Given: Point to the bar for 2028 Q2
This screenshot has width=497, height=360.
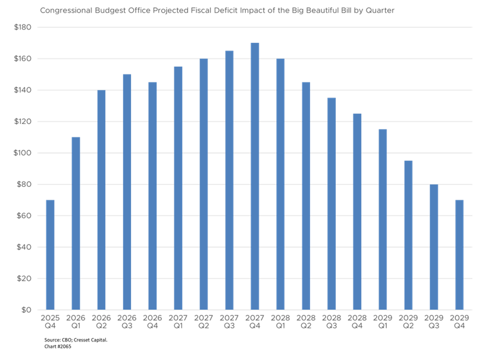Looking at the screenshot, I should coord(306,196).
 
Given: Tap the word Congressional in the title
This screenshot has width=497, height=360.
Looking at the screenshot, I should coord(62,11).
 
